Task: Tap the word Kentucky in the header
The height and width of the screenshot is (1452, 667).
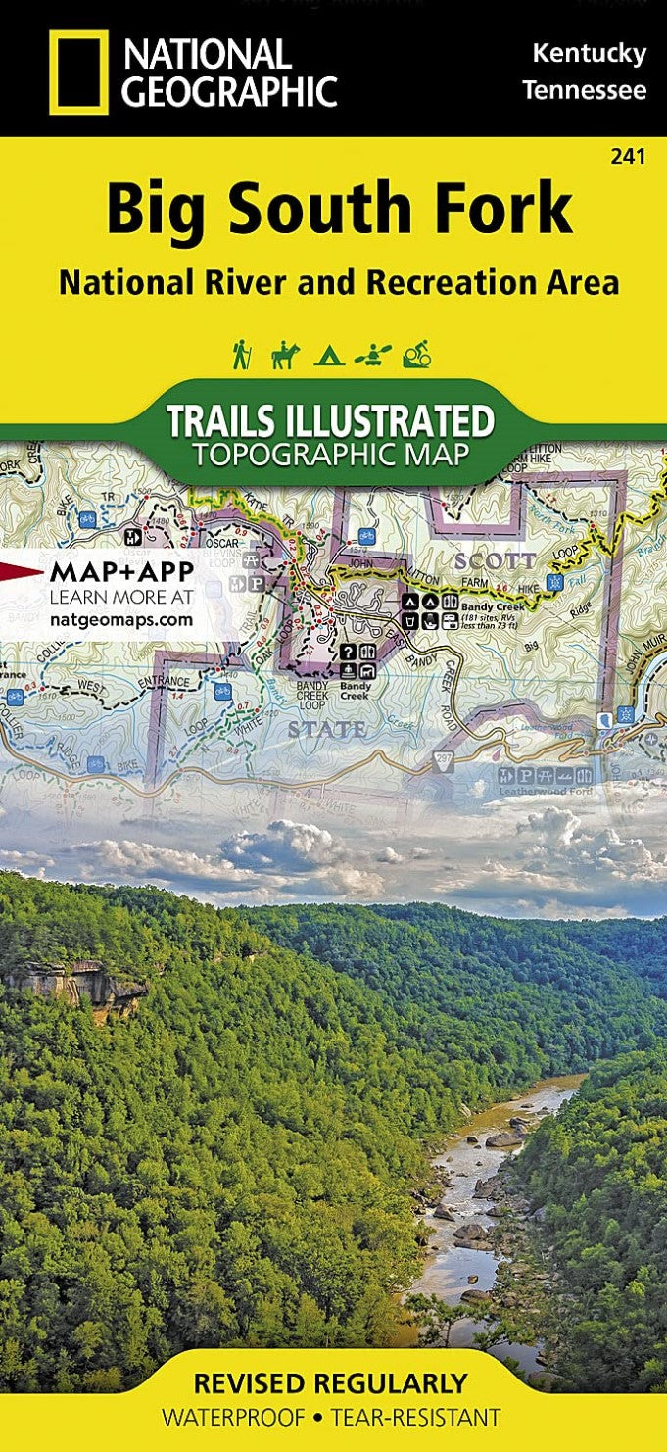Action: [589, 54]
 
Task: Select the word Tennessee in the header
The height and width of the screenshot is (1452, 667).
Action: [584, 91]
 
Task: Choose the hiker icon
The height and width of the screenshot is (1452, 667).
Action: [241, 354]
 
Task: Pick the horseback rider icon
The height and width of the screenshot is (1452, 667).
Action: [284, 354]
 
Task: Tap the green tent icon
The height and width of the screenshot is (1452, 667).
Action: [329, 356]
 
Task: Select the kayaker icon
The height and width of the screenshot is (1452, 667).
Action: [372, 354]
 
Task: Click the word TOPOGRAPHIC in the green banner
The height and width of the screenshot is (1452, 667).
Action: [330, 455]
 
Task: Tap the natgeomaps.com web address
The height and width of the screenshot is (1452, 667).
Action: [121, 619]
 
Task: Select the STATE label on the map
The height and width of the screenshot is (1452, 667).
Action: [327, 730]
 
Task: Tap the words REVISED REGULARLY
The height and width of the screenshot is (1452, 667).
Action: [330, 1383]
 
